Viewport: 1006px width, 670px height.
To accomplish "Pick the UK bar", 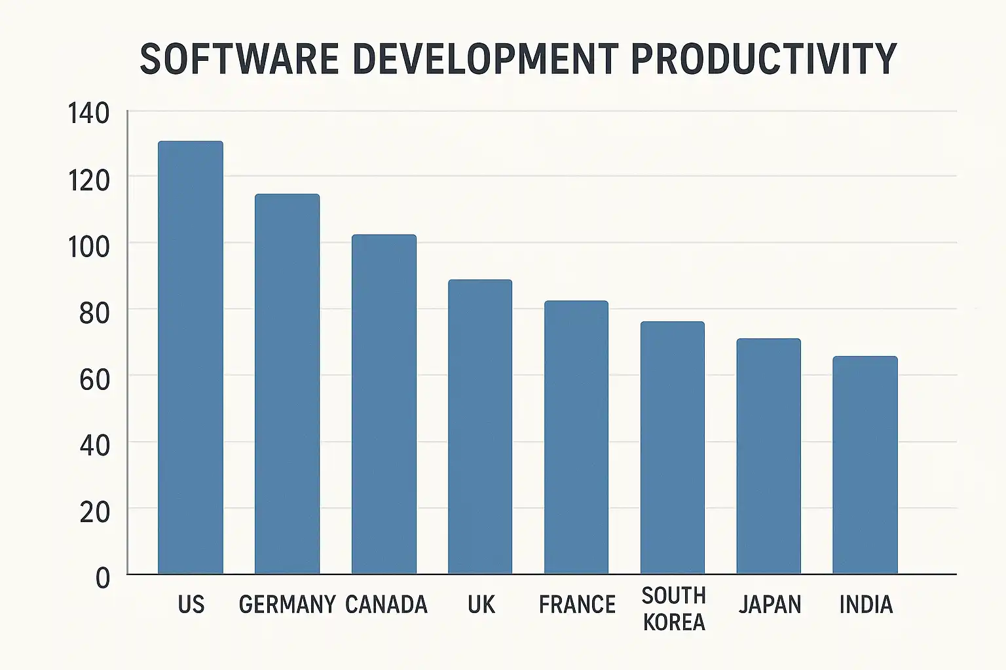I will (x=480, y=427).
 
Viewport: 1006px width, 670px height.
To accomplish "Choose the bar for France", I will (x=576, y=437).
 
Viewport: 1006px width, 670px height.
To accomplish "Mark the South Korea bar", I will (x=673, y=448).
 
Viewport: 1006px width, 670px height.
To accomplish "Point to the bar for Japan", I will (x=769, y=456).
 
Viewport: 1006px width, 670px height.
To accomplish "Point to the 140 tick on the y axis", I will (x=89, y=114).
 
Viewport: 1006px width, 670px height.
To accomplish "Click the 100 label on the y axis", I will (x=89, y=247).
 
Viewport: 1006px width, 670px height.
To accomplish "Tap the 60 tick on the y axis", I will (x=94, y=380).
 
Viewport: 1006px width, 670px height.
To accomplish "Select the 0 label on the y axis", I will (x=103, y=578).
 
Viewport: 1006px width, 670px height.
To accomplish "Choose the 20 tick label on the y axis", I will (x=94, y=512).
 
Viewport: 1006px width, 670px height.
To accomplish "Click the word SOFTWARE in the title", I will (x=239, y=59).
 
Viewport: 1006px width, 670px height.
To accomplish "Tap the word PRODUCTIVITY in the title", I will (x=764, y=59).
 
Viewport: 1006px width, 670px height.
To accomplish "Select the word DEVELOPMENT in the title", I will (x=485, y=59).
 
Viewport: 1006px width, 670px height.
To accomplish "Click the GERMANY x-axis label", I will (x=287, y=605).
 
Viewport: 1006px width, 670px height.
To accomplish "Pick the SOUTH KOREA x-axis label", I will (x=674, y=608).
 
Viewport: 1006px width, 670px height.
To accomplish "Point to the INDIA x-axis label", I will (x=866, y=605).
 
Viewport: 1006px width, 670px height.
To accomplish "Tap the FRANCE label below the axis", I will (x=577, y=605).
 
